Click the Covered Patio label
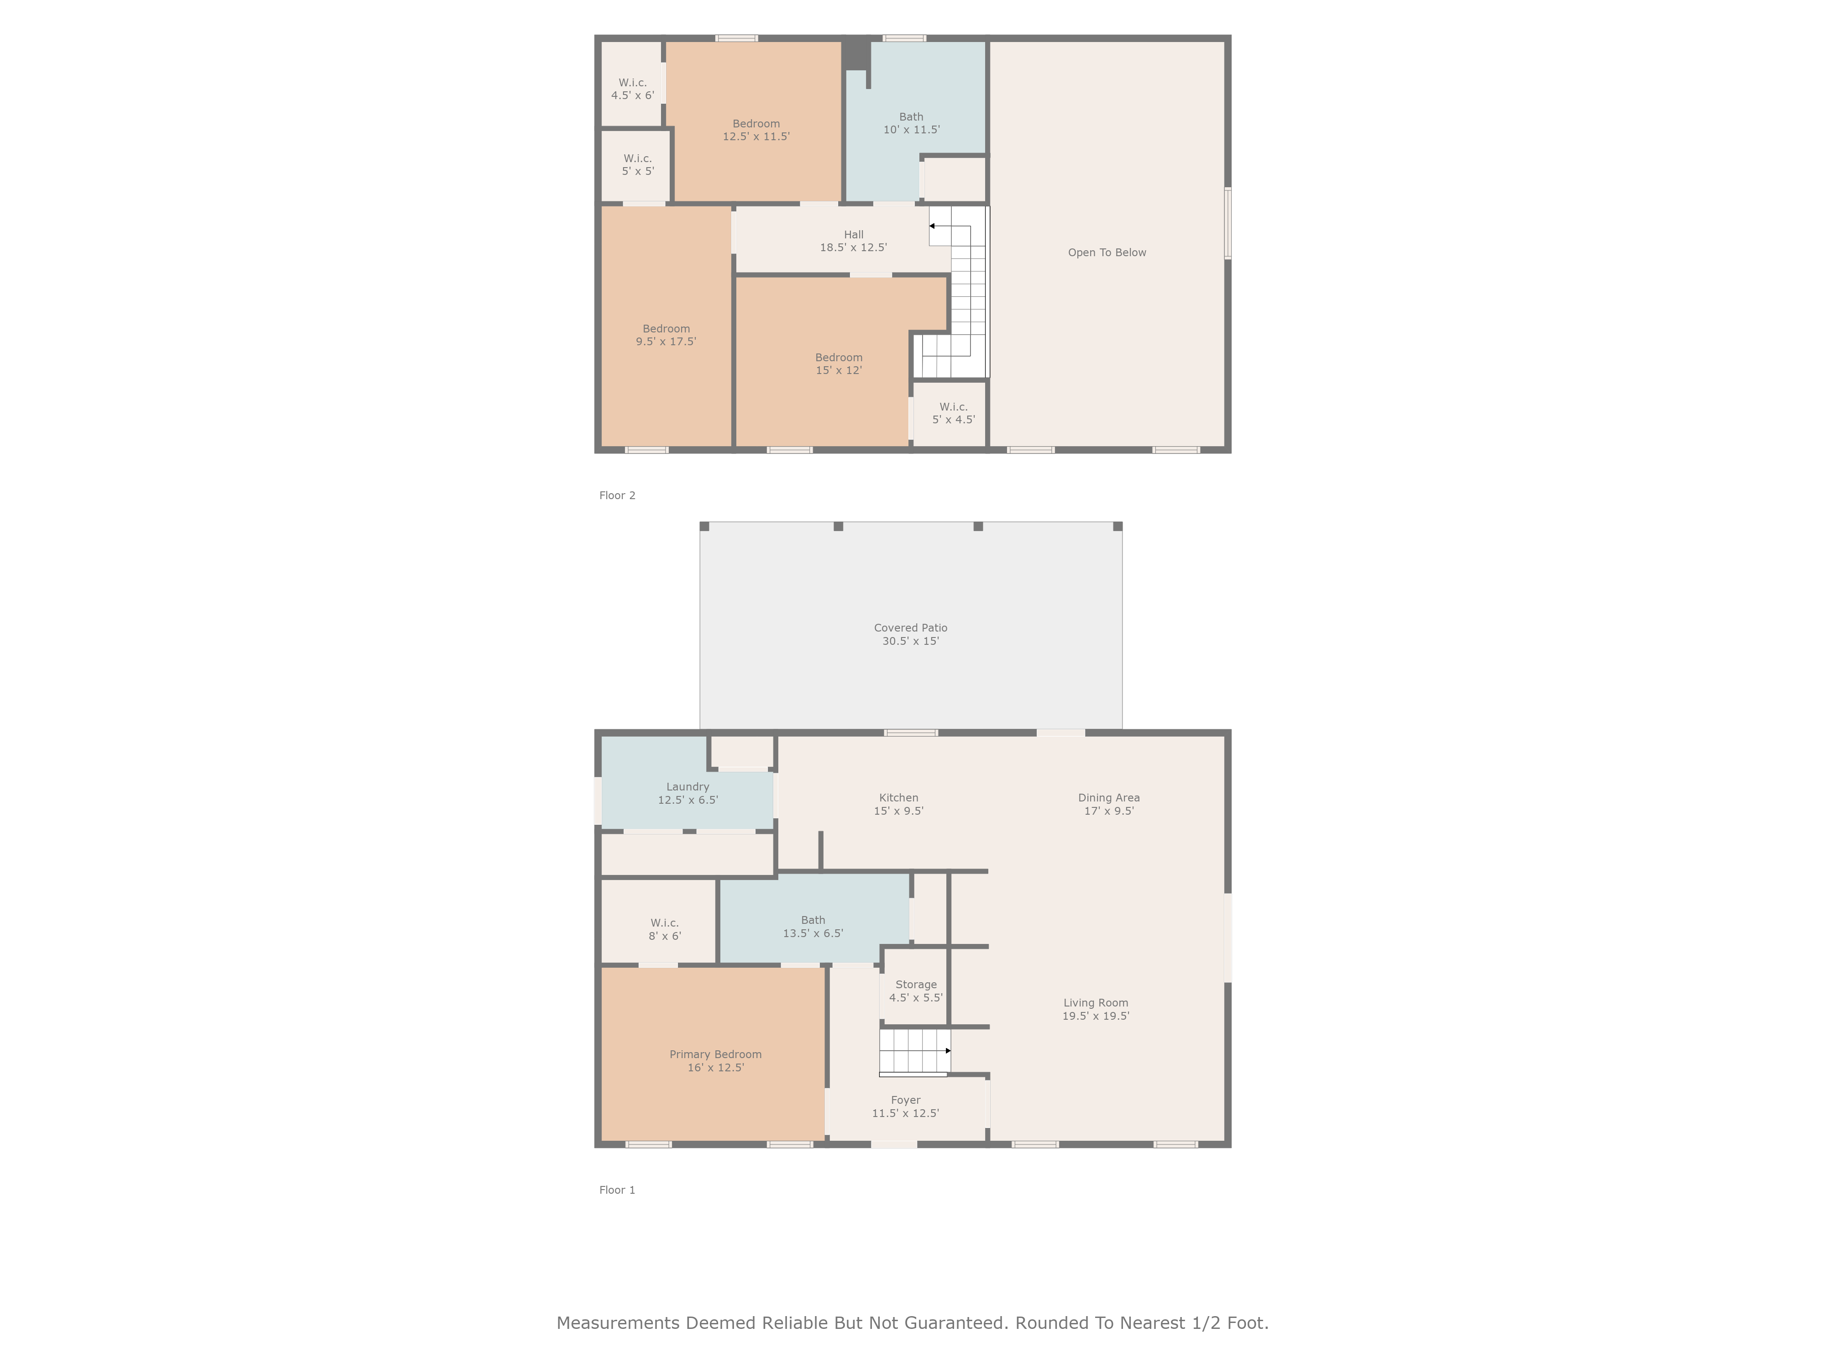tap(911, 634)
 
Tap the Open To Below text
tap(1107, 253)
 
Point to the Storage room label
tap(915, 991)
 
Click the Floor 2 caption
tap(618, 495)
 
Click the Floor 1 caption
tap(618, 1190)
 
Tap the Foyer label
tap(906, 1107)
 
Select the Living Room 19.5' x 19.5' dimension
tap(1096, 1016)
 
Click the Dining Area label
tap(1109, 804)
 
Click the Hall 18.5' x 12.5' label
tap(854, 241)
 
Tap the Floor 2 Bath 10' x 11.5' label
tap(911, 123)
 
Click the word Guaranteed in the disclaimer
tap(956, 1323)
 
